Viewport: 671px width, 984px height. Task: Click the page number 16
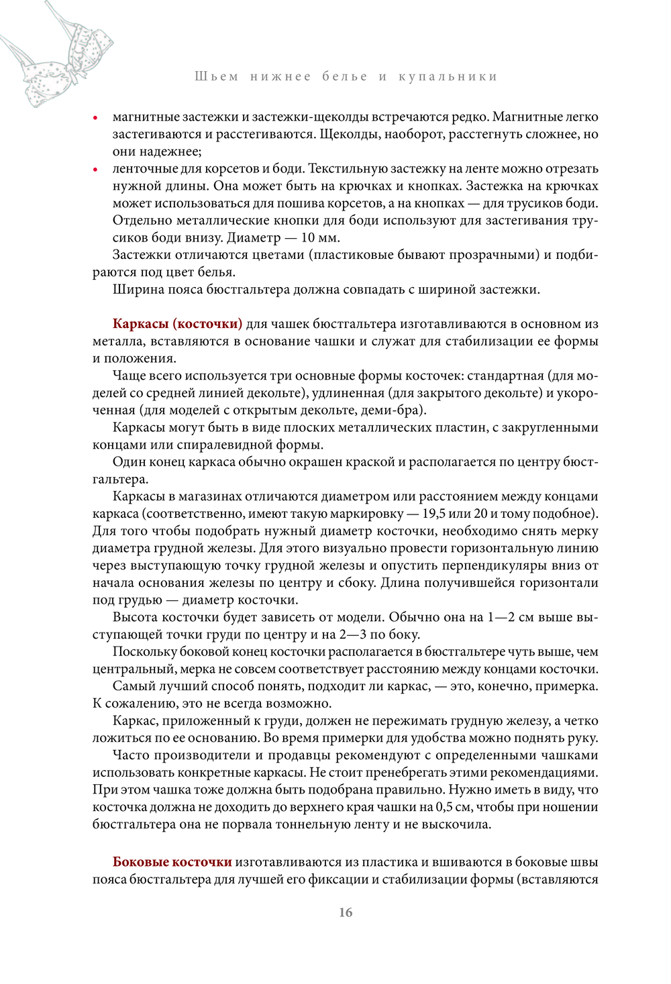click(x=346, y=912)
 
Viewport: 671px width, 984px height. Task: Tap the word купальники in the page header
click(x=448, y=76)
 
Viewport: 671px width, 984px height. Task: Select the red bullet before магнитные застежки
click(x=96, y=118)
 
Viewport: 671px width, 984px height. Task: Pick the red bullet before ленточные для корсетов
click(x=96, y=170)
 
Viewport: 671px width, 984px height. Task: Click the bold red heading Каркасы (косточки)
click(x=177, y=324)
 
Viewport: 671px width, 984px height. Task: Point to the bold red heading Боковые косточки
click(x=172, y=862)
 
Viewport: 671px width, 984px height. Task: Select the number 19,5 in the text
click(x=436, y=514)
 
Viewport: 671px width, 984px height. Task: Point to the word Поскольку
click(x=145, y=652)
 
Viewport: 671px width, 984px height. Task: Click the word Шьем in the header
click(x=217, y=76)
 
